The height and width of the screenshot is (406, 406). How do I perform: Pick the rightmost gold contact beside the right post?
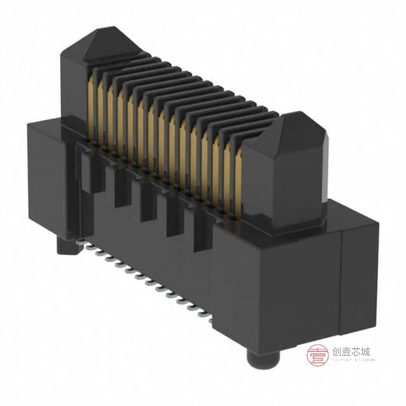[238, 184]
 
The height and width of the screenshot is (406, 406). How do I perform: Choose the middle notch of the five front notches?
[146, 203]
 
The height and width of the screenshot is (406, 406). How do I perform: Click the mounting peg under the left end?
[64, 245]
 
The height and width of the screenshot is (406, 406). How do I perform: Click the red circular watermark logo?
[317, 356]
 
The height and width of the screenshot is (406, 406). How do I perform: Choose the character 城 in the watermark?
[365, 352]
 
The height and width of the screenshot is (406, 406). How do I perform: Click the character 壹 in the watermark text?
[344, 352]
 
